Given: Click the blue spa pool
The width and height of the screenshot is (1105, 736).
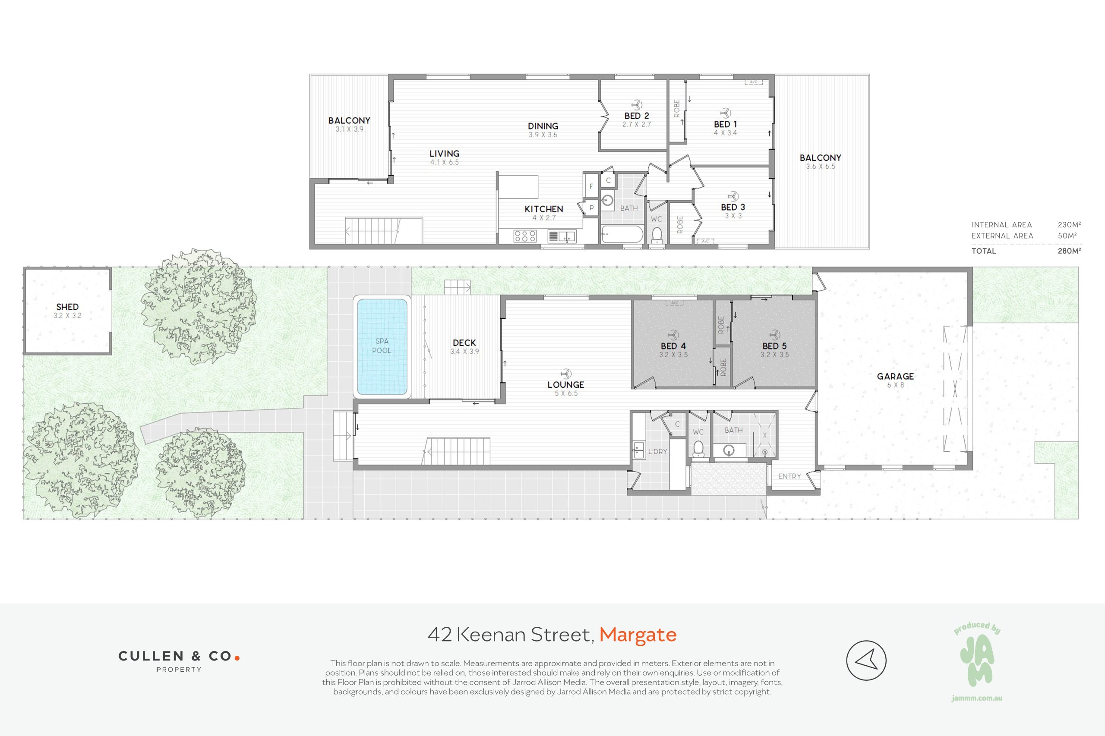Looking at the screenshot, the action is [x=382, y=347].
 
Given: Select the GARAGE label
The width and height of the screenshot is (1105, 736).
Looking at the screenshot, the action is [x=895, y=376].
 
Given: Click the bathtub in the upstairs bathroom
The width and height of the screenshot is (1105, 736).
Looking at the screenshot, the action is [x=622, y=234].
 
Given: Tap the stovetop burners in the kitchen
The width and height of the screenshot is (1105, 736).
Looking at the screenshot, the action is [x=525, y=236].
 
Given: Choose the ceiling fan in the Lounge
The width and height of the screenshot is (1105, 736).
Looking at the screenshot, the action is [x=566, y=374].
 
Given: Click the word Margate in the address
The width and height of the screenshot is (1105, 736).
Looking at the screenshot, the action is [x=638, y=634].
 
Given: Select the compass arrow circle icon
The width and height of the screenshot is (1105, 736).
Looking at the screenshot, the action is [x=866, y=661].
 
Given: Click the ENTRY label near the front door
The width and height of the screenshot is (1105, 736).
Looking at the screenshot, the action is [x=789, y=476].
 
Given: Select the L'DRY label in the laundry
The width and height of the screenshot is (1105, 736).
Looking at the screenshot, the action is [x=657, y=452].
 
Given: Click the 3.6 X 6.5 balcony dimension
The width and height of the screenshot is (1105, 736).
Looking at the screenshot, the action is [x=821, y=166].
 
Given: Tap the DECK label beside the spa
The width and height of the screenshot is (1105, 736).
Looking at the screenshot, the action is [x=464, y=343].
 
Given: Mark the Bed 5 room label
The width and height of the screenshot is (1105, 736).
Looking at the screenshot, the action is [x=774, y=346].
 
